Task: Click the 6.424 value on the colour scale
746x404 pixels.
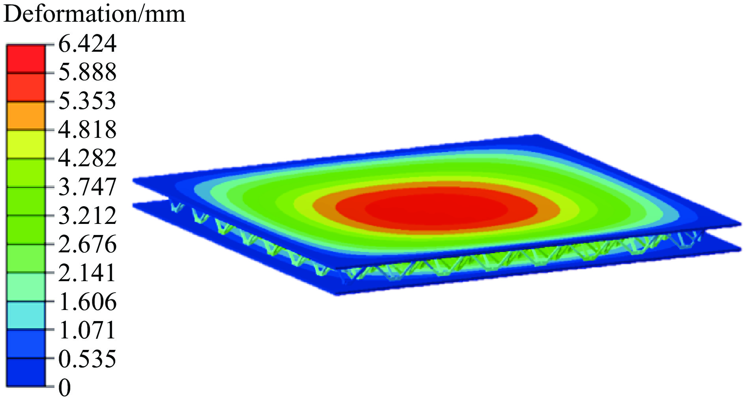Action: [87, 43]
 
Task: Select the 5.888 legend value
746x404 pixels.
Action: [87, 72]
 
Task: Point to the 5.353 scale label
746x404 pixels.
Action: [87, 100]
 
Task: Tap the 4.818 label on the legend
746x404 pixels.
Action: [87, 129]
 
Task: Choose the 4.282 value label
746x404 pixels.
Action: [87, 158]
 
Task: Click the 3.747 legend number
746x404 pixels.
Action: [87, 186]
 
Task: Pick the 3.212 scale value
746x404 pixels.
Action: [87, 215]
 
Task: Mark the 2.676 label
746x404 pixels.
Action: [87, 244]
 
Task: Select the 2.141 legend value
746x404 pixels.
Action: [87, 272]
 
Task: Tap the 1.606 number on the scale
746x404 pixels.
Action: [87, 302]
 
